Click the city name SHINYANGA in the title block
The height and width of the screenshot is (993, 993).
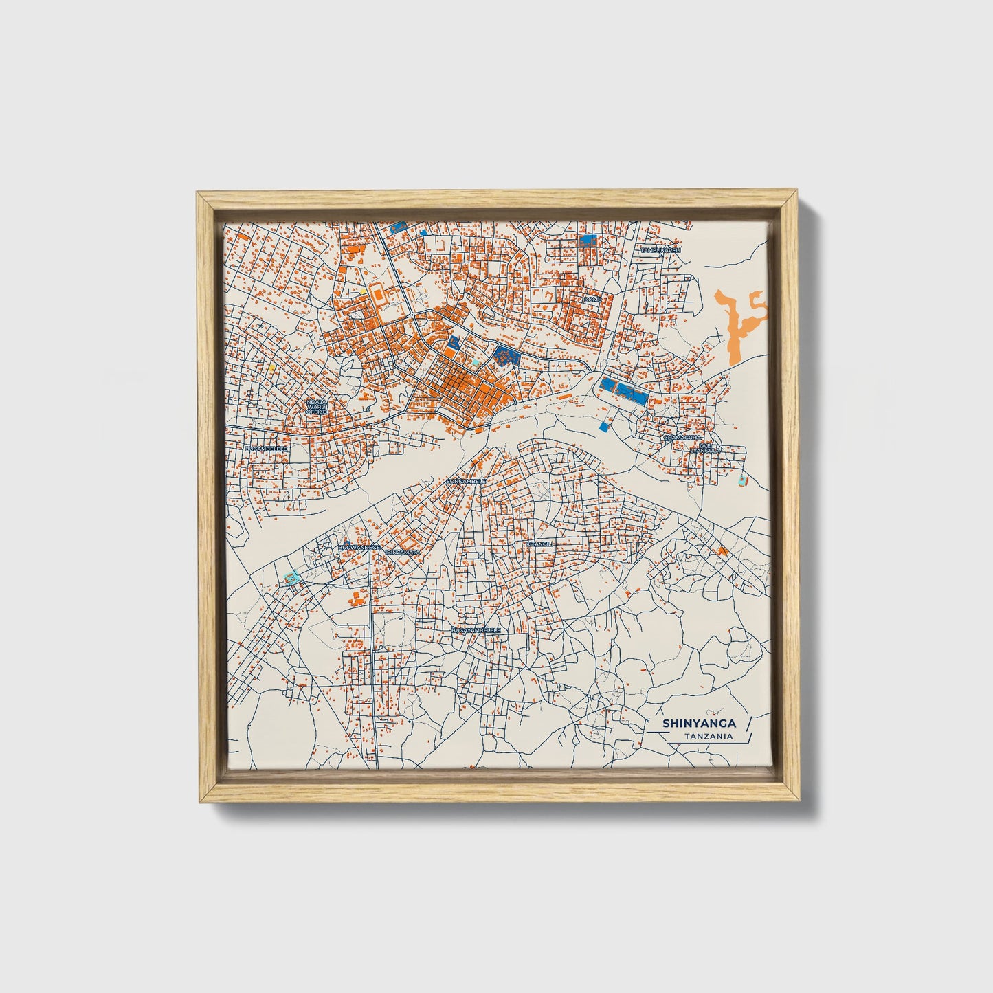[699, 724]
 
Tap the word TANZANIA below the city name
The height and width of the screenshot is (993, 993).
[708, 737]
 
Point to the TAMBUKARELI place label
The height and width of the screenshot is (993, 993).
[660, 251]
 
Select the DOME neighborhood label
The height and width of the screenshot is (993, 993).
[592, 300]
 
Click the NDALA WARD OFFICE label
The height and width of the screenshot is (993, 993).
[316, 405]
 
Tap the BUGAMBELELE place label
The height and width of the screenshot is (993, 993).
[265, 448]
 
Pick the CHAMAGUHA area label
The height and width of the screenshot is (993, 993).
[682, 437]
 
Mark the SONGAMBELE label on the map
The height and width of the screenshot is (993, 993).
[465, 482]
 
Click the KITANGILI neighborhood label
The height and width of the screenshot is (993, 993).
[539, 544]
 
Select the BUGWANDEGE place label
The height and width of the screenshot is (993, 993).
[359, 547]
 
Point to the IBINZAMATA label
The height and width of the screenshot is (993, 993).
[403, 552]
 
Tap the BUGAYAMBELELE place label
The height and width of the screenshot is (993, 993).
[476, 629]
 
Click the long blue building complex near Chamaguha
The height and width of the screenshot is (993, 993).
[624, 390]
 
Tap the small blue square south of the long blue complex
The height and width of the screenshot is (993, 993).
[604, 427]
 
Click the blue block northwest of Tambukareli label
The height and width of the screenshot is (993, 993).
[587, 240]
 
